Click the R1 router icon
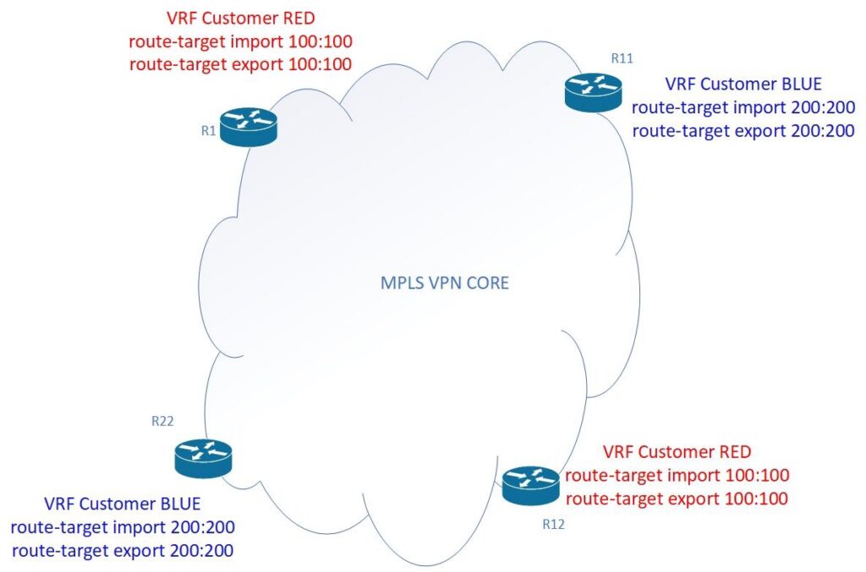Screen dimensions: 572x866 pyautogui.click(x=249, y=126)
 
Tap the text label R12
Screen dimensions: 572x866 pyautogui.click(x=553, y=525)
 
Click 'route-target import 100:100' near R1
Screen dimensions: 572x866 pyautogui.click(x=240, y=41)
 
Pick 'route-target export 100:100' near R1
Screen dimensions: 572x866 pyautogui.click(x=240, y=63)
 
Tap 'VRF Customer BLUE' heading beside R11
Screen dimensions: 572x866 pyautogui.click(x=743, y=85)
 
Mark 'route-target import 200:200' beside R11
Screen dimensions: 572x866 pyautogui.click(x=743, y=107)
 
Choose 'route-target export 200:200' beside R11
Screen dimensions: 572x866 pyautogui.click(x=743, y=130)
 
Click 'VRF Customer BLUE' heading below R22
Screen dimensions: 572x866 pyautogui.click(x=123, y=504)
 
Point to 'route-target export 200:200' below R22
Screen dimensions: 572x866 pyautogui.click(x=123, y=550)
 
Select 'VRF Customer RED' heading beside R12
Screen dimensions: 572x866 pyautogui.click(x=677, y=451)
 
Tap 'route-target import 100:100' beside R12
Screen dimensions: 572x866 pyautogui.click(x=677, y=475)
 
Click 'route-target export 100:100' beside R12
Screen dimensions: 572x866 pyautogui.click(x=677, y=498)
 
